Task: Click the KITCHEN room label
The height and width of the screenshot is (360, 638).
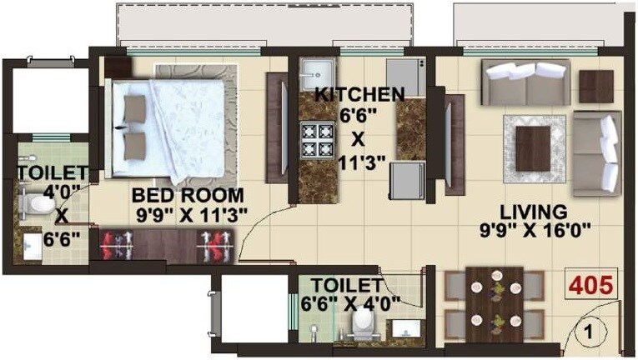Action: tap(360, 92)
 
